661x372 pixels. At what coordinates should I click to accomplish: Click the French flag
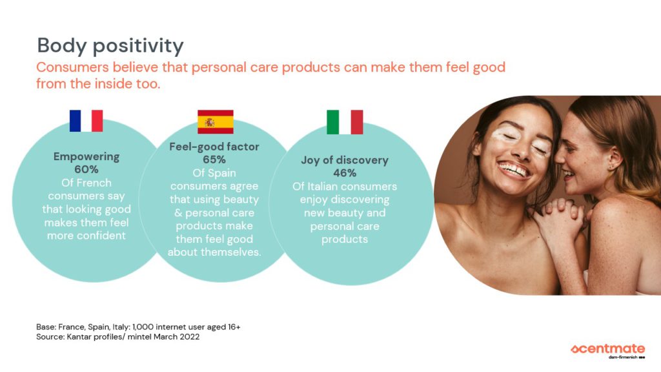(86, 121)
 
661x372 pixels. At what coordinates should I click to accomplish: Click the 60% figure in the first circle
(86, 170)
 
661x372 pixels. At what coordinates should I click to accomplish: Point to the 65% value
(214, 160)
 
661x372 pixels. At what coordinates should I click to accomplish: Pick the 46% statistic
(344, 174)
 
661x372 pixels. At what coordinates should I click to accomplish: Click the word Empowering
(86, 157)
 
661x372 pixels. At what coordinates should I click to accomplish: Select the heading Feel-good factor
(214, 147)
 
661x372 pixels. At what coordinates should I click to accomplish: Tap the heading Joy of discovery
(344, 161)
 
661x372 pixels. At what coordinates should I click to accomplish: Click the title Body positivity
(110, 46)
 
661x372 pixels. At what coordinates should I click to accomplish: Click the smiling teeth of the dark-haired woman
(514, 170)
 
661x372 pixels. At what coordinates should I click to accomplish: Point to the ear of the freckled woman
(611, 157)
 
